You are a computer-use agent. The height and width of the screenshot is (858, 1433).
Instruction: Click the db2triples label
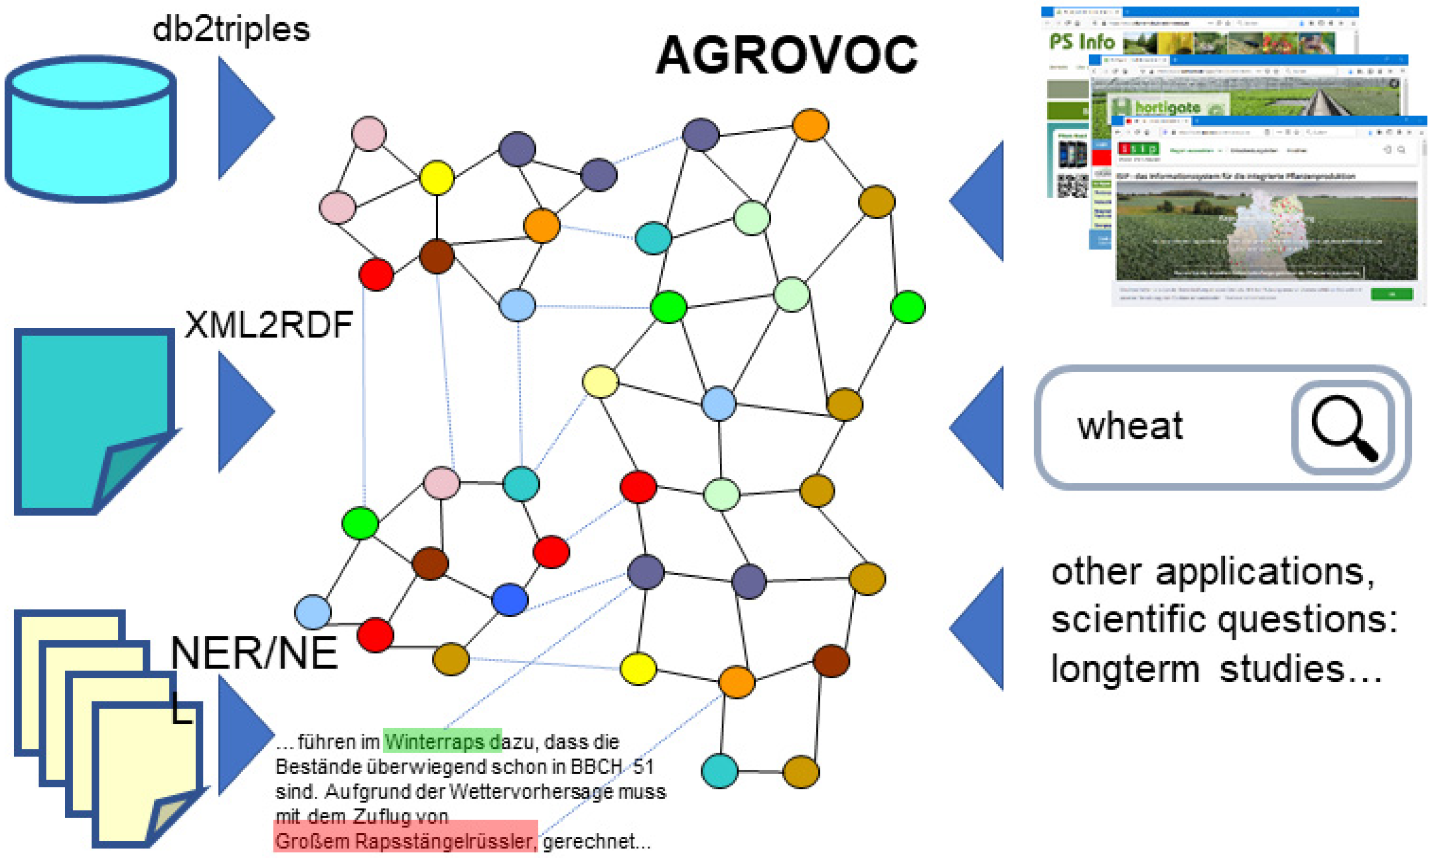point(231,29)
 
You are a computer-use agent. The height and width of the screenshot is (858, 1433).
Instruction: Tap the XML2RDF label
point(268,325)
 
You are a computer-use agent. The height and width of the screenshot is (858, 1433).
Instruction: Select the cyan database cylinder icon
point(90,129)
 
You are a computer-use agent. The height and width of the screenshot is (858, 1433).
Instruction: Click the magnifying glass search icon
point(1343,428)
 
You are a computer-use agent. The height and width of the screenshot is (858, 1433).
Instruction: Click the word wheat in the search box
point(1129,427)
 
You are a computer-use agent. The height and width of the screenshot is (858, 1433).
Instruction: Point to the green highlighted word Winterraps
point(436,741)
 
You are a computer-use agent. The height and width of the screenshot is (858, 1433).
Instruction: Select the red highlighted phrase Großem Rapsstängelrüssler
point(405,841)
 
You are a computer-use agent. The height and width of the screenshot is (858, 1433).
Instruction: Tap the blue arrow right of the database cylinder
point(243,118)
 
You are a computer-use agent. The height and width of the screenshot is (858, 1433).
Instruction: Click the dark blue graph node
point(509,599)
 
